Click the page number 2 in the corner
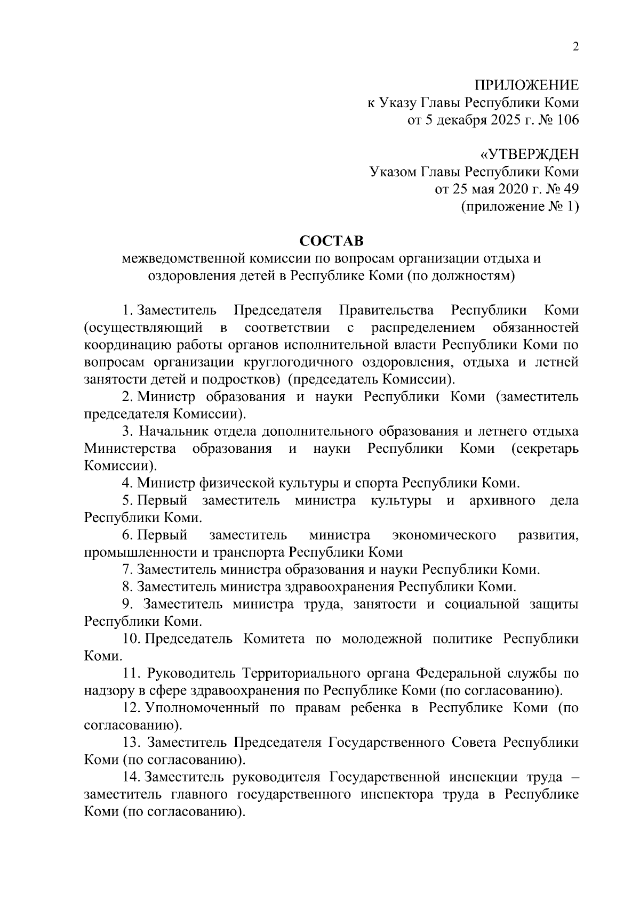tap(575, 47)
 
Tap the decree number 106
tap(567, 120)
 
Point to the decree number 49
tap(571, 189)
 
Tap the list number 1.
tap(126, 310)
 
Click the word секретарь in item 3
tap(545, 449)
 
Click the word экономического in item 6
tap(444, 535)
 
